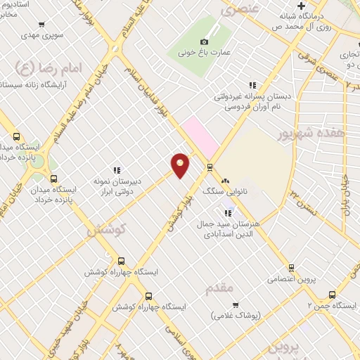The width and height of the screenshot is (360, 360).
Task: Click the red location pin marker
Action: point(180,165)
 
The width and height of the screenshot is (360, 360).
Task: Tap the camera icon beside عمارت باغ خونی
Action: point(204,41)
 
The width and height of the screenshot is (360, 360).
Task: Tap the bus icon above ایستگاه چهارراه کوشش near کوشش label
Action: point(121,261)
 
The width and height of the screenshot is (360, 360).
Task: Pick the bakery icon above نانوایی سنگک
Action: point(225,181)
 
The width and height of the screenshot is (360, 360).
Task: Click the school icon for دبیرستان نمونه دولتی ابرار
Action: point(117,170)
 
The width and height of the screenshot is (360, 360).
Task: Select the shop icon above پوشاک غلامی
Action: point(235,306)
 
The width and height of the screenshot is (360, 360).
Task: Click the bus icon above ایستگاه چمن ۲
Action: point(332,295)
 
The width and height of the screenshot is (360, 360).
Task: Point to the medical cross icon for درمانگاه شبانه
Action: point(301,6)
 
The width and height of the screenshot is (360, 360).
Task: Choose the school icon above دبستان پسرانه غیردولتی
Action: point(252,85)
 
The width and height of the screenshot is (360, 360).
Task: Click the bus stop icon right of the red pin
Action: point(209,167)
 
